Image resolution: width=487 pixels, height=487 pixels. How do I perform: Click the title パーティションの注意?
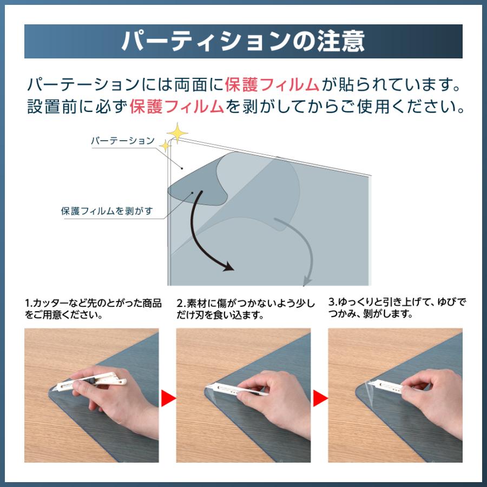coord(243,41)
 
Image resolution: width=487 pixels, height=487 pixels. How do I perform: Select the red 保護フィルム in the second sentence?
coord(176,107)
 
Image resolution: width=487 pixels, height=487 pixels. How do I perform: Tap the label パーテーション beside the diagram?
coord(122,141)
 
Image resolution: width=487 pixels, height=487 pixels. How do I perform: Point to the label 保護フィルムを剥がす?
coord(107,211)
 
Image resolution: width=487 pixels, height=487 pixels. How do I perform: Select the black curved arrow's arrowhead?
coord(228,267)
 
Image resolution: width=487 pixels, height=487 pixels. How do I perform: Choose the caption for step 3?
coord(397,307)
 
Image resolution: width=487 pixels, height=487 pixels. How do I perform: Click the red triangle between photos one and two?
coord(168,399)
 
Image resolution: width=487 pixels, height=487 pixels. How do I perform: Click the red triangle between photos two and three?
coord(320,399)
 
